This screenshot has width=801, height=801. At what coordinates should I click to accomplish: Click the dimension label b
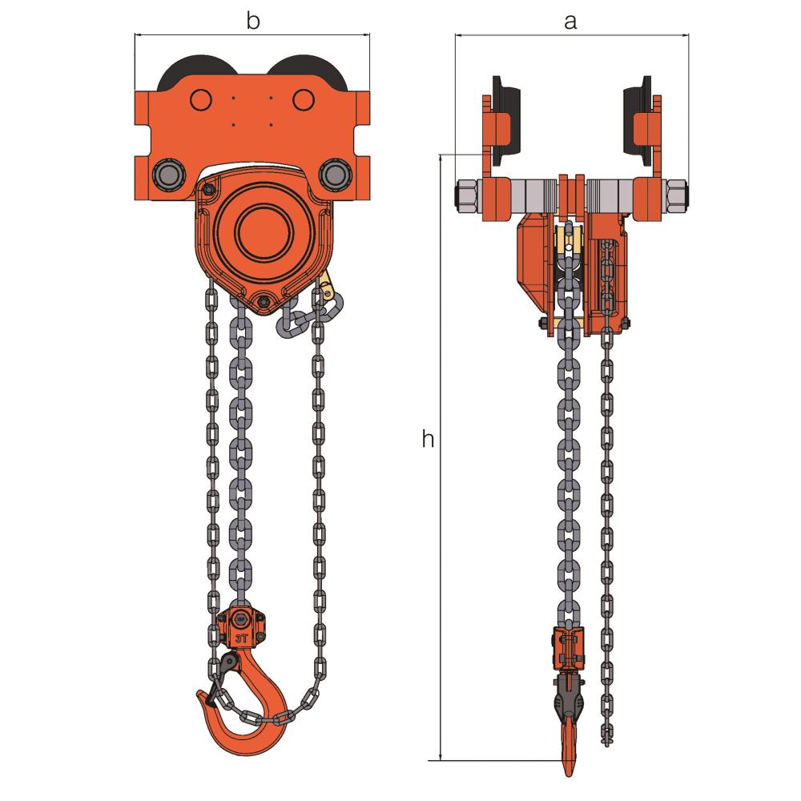point(252,22)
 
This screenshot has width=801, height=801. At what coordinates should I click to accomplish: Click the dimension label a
point(570,22)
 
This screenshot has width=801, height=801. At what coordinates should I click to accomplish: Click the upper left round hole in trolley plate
point(200,99)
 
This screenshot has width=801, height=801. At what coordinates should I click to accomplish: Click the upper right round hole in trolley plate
point(302,99)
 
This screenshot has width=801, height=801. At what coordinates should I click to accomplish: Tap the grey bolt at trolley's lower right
point(332,174)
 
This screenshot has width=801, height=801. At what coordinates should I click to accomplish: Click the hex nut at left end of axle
point(466,195)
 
